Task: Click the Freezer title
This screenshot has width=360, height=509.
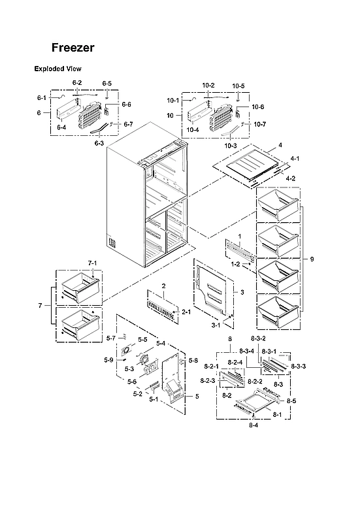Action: coord(73,48)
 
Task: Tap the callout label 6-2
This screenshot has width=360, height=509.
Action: coord(77,83)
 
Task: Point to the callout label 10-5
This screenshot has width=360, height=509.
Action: coord(238,86)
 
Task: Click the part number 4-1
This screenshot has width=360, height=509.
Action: coord(295,158)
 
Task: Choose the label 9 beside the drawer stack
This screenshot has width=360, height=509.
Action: coord(312,259)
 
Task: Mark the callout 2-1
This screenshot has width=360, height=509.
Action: coord(186,312)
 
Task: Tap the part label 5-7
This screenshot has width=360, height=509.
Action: coord(110,338)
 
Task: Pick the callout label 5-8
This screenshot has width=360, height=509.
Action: coord(193,361)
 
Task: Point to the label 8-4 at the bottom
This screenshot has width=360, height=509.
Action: coord(254,425)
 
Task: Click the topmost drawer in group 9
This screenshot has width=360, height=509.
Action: coord(278,205)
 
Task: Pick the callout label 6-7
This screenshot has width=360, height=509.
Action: coord(128,124)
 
